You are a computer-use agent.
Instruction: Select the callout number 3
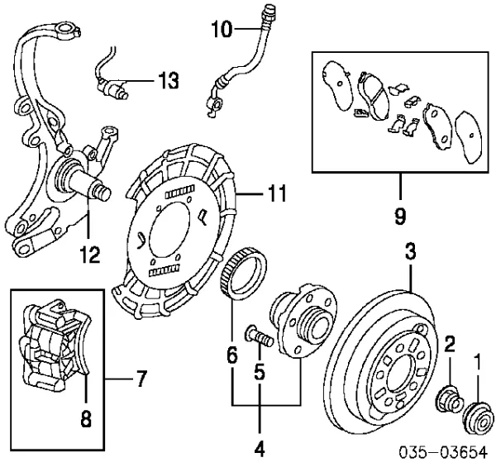click(411, 255)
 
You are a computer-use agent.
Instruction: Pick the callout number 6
click(232, 357)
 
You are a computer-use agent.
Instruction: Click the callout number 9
click(399, 217)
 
